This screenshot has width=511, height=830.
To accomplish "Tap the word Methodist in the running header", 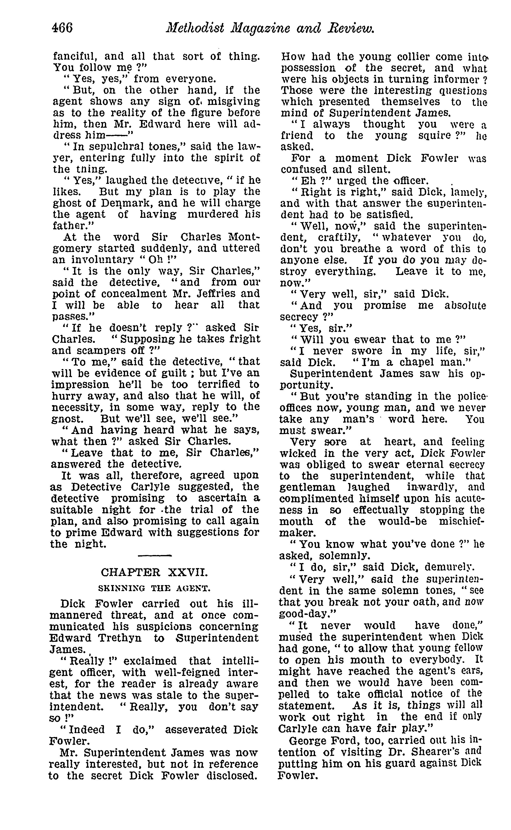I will [x=195, y=28].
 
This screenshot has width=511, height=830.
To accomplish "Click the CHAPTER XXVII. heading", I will [x=154, y=572].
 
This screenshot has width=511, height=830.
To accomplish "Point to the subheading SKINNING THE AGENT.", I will [x=154, y=589].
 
